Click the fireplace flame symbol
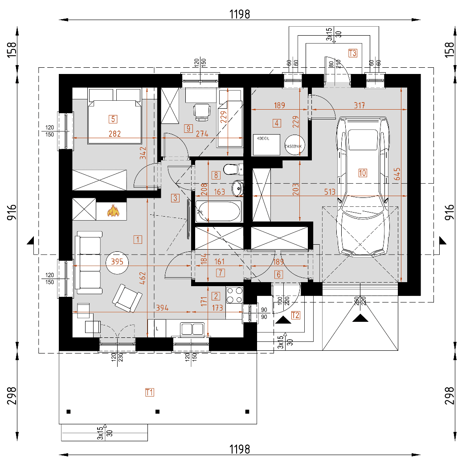pyautogui.click(x=113, y=211)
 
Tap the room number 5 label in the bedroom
pyautogui.click(x=113, y=119)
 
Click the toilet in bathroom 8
pyautogui.click(x=232, y=169)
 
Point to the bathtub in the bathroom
pyautogui.click(x=218, y=211)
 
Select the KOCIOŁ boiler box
pyautogui.click(x=266, y=144)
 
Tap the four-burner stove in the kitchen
pyautogui.click(x=235, y=295)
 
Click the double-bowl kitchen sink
pyautogui.click(x=193, y=329)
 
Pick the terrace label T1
pyautogui.click(x=150, y=392)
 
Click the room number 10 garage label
pyautogui.click(x=362, y=173)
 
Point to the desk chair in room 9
pyautogui.click(x=202, y=111)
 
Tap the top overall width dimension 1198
pyautogui.click(x=240, y=14)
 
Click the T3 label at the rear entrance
pyautogui.click(x=352, y=53)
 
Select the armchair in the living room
pyautogui.click(x=127, y=298)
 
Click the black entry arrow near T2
pyautogui.click(x=283, y=319)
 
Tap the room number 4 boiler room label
pyautogui.click(x=277, y=123)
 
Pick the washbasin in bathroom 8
pyautogui.click(x=238, y=188)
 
